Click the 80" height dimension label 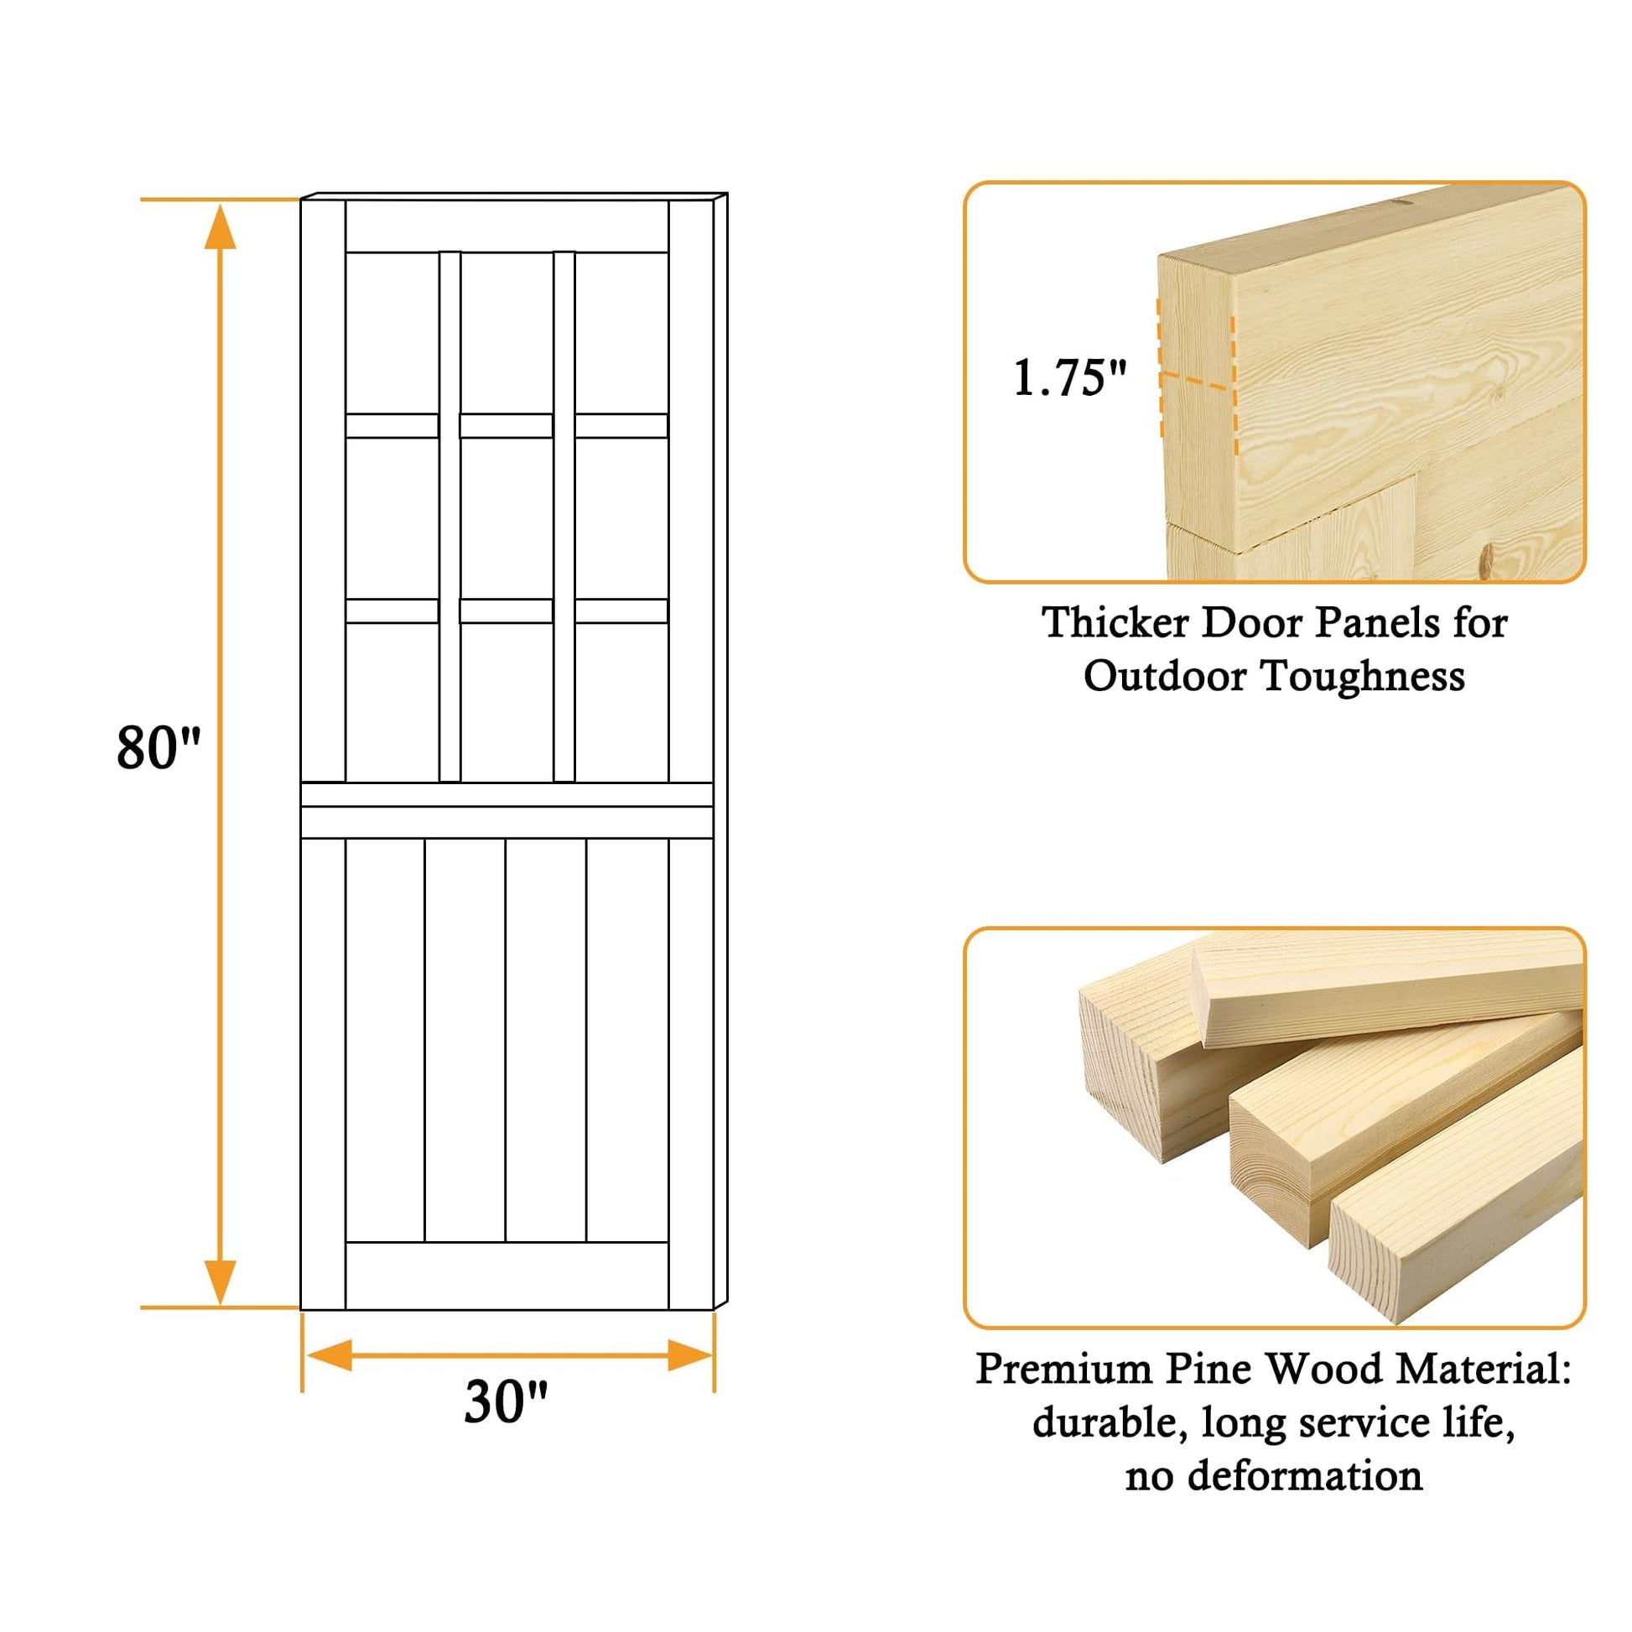pos(159,747)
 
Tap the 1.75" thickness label pos(1069,377)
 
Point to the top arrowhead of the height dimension pos(220,226)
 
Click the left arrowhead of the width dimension pos(330,1355)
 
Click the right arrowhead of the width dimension pos(690,1355)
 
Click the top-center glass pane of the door pos(507,333)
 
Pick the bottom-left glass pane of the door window pos(392,703)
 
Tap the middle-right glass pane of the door pos(621,517)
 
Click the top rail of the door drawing pos(507,226)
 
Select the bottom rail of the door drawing pos(507,1276)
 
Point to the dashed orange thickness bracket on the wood pos(1197,377)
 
